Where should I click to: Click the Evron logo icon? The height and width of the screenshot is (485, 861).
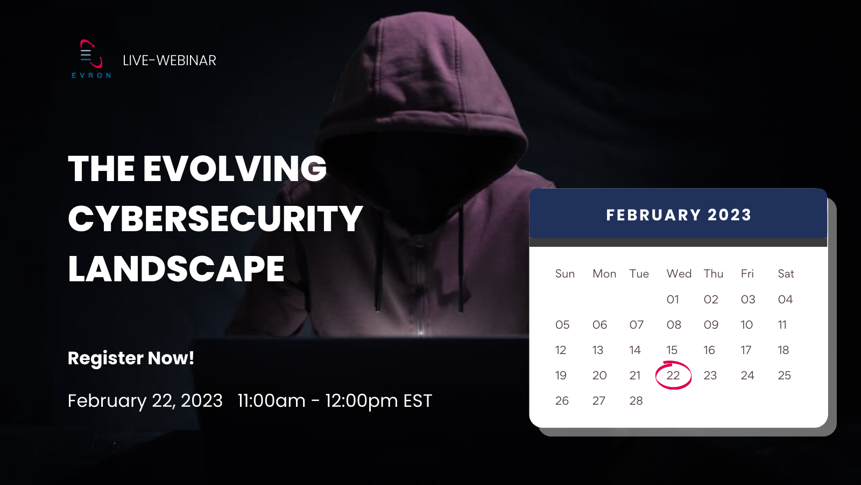pos(91,54)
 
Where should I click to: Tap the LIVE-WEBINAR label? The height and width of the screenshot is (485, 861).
pos(170,60)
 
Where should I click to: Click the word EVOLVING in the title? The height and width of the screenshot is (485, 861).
pos(235,169)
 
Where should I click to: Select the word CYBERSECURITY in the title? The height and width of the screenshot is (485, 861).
pos(215,219)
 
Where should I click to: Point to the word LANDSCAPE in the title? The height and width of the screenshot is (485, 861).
pos(176,269)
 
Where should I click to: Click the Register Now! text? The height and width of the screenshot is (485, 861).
pos(131,358)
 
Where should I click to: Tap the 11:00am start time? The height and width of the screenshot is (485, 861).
pos(271,401)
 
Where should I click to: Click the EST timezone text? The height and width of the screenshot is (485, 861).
pos(418,401)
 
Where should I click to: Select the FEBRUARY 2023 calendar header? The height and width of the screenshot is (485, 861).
pos(679,215)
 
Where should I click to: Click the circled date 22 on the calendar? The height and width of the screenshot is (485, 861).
pos(673,375)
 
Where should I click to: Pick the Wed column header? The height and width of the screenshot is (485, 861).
pos(679,274)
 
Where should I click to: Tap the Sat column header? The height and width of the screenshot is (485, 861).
pos(786,274)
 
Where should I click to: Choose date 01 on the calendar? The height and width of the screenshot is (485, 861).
pos(673,300)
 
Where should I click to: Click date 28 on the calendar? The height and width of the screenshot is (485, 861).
pos(636,401)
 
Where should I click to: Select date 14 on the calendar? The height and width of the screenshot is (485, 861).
pos(635,350)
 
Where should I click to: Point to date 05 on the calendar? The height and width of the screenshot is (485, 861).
pos(562,324)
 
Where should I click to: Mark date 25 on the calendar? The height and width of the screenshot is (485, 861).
pos(785,375)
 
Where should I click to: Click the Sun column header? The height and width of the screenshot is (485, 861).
pos(565,274)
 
